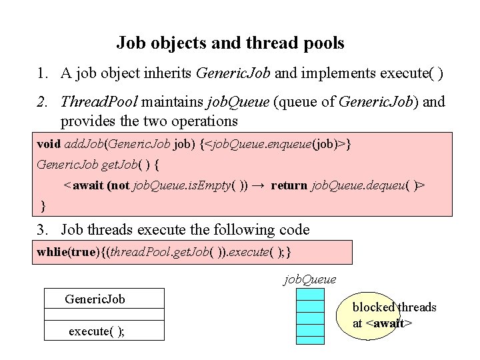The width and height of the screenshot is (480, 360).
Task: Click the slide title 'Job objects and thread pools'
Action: [230, 43]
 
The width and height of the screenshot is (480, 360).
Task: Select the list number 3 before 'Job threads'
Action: [41, 230]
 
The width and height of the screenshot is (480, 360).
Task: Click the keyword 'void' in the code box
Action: [48, 144]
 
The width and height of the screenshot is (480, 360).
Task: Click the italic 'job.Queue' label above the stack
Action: [310, 279]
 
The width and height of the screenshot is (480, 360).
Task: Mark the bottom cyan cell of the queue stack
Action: [310, 339]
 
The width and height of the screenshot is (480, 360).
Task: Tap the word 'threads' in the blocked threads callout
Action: [417, 307]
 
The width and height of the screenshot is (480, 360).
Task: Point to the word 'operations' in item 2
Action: [205, 121]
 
